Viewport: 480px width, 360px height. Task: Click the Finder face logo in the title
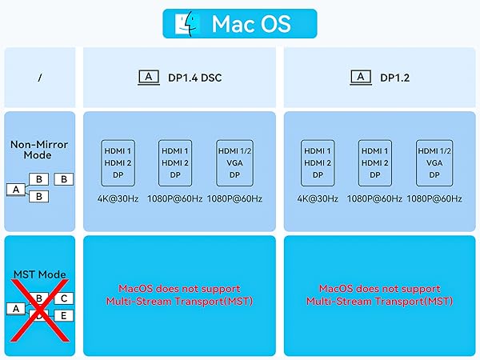[186, 24]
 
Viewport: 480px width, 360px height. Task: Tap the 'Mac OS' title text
[251, 24]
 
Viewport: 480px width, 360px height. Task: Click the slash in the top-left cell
[40, 78]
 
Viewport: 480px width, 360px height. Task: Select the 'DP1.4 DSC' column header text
[194, 78]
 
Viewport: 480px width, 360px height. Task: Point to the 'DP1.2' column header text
[394, 78]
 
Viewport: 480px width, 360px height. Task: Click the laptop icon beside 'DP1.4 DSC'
[149, 78]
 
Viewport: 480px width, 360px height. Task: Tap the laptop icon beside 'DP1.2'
[361, 78]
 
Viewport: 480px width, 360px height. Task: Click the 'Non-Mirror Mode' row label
[39, 150]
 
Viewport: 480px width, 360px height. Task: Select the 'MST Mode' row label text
[39, 274]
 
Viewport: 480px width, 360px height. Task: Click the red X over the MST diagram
[40, 310]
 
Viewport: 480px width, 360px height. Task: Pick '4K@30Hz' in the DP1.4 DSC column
[118, 199]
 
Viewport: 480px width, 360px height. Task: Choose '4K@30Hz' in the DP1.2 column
[318, 199]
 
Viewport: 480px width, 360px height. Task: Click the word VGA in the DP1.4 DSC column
[234, 163]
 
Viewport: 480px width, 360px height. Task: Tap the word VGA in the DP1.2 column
[434, 163]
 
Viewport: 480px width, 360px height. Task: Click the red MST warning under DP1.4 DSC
[179, 295]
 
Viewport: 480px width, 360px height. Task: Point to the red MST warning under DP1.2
[379, 295]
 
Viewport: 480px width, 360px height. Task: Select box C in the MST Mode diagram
[64, 298]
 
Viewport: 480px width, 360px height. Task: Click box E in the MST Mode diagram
[64, 315]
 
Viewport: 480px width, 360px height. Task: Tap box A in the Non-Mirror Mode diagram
[16, 190]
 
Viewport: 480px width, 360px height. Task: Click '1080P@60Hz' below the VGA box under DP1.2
[434, 199]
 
